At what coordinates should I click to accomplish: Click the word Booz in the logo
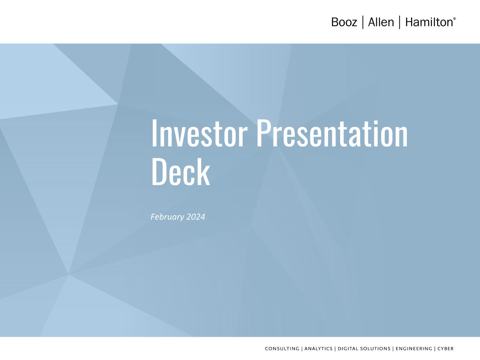pos(344,22)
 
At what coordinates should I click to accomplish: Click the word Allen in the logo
pos(381,22)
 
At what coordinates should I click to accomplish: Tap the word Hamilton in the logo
pos(429,22)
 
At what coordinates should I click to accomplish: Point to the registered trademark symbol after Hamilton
pos(455,19)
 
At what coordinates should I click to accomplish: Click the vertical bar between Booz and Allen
pos(363,22)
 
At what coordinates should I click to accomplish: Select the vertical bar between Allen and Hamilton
pos(400,22)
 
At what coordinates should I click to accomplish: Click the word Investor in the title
pos(199,133)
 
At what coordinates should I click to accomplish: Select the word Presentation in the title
pos(332,133)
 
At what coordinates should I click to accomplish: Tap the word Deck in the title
pos(181,172)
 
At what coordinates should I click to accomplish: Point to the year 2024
pos(196,217)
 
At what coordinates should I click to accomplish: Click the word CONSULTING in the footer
pos(282,349)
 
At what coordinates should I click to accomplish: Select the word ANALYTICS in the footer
pos(318,349)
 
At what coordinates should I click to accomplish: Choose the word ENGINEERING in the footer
pos(414,349)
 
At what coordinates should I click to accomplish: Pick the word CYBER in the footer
pos(446,349)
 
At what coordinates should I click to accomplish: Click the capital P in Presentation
pos(263,133)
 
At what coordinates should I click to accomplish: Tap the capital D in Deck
pos(159,172)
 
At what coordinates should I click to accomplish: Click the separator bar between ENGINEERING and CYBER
pos(435,349)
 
